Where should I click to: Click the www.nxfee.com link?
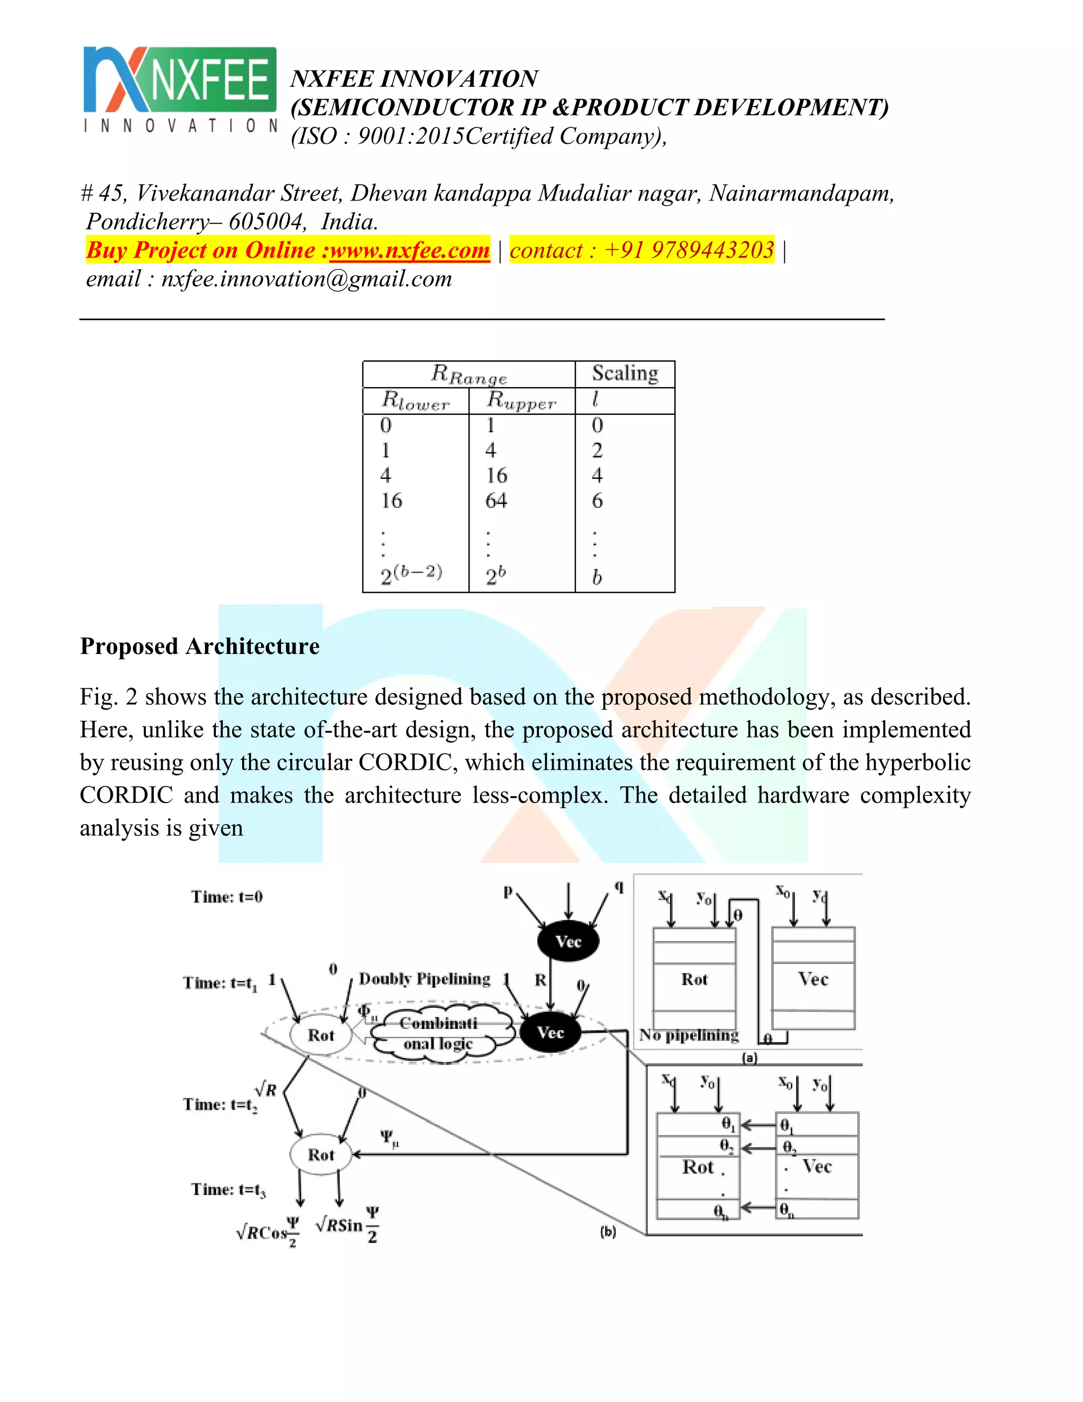click(x=409, y=250)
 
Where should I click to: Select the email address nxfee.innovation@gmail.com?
click(x=306, y=279)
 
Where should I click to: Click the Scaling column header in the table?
click(x=625, y=373)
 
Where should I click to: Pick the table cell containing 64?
click(x=496, y=500)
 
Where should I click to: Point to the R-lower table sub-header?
click(x=416, y=400)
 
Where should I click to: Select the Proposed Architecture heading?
click(x=199, y=646)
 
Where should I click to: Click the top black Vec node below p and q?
click(x=568, y=942)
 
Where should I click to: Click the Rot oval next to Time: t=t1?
click(x=321, y=1035)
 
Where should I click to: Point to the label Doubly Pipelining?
click(x=424, y=979)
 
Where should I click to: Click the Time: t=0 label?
click(x=226, y=897)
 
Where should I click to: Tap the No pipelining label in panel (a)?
click(x=689, y=1035)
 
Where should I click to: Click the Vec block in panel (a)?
click(x=813, y=979)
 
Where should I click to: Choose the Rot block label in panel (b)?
click(x=698, y=1167)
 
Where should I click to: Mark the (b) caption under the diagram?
click(x=608, y=1232)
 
